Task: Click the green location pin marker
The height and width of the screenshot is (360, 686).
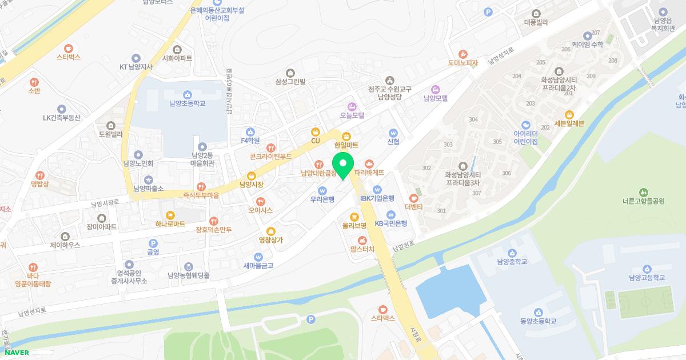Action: (343, 165)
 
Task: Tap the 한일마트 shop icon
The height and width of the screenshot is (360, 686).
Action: (346, 135)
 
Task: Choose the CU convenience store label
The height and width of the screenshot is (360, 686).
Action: (315, 141)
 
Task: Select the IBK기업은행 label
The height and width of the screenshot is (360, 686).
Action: (377, 198)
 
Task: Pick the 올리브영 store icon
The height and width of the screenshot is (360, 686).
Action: (354, 217)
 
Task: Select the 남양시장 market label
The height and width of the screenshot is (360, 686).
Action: (251, 185)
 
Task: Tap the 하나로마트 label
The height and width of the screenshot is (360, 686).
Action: (166, 224)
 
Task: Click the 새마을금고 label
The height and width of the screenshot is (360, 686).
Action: (258, 265)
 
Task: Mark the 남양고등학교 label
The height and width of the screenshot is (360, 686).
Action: (647, 278)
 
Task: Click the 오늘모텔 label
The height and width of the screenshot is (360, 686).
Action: (352, 115)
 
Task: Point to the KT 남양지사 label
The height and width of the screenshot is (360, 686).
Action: (135, 67)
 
